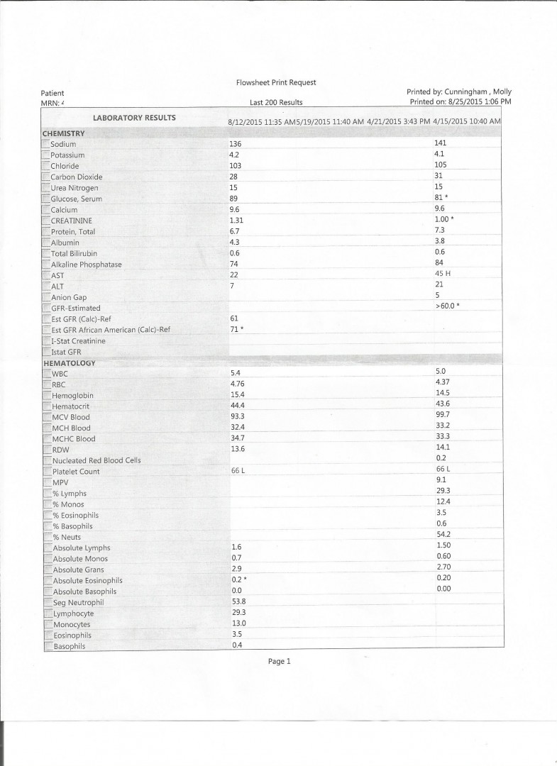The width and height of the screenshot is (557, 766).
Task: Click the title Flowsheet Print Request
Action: pyautogui.click(x=276, y=82)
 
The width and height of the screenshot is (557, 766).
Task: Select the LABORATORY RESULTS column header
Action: pyautogui.click(x=134, y=118)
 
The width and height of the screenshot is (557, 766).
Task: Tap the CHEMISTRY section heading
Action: pyautogui.click(x=64, y=133)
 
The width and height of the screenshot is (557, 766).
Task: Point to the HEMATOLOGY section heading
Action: pyautogui.click(x=69, y=363)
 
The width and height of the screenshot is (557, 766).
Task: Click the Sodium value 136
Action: pyautogui.click(x=236, y=144)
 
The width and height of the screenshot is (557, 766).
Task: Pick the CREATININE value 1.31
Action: pyautogui.click(x=237, y=221)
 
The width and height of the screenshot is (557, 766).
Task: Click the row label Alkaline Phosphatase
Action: pyautogui.click(x=86, y=265)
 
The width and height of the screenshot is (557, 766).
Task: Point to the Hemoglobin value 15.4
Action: pyautogui.click(x=237, y=394)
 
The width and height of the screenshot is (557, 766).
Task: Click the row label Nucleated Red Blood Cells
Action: pyautogui.click(x=96, y=460)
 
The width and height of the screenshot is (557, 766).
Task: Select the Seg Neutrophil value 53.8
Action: pyautogui.click(x=238, y=601)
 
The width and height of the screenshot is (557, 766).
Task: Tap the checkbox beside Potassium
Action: pyautogui.click(x=46, y=155)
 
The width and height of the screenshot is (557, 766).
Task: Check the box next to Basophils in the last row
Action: pyautogui.click(x=48, y=646)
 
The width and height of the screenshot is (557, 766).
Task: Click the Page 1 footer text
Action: pyautogui.click(x=279, y=661)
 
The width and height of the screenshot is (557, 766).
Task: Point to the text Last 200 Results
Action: pyautogui.click(x=276, y=103)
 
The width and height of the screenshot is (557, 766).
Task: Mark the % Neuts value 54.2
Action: pyautogui.click(x=443, y=534)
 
